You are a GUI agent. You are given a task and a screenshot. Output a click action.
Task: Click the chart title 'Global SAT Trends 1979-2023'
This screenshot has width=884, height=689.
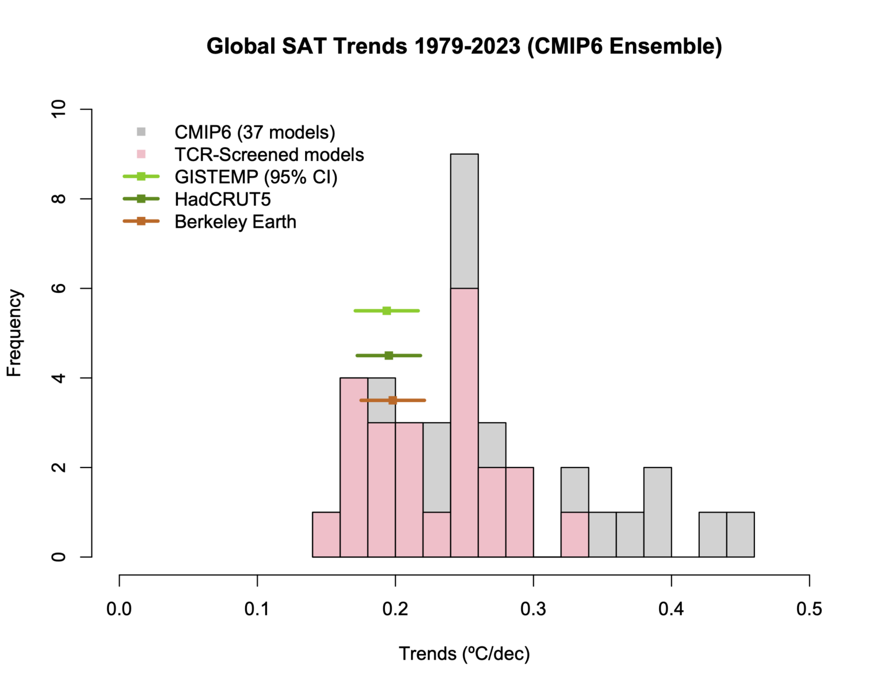tap(464, 46)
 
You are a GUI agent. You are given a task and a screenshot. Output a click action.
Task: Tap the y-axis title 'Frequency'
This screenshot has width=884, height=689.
tap(14, 333)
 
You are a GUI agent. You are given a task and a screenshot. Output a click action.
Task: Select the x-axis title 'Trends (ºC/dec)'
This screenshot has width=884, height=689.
tap(464, 654)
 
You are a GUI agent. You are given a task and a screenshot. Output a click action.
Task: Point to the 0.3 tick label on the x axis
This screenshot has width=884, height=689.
tap(533, 608)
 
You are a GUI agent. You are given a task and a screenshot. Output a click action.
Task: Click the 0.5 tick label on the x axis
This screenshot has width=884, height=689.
tap(809, 608)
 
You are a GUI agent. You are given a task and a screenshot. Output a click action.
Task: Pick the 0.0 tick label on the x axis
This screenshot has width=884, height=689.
tap(119, 608)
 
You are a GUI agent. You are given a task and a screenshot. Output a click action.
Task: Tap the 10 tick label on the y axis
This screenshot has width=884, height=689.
tap(59, 109)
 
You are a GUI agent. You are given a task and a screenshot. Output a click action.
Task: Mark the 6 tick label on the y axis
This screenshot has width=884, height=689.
tap(59, 288)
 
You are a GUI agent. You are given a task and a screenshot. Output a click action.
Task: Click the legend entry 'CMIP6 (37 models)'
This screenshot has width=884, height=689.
tap(254, 132)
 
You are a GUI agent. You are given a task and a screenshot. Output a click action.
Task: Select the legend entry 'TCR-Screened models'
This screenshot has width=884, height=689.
tap(269, 155)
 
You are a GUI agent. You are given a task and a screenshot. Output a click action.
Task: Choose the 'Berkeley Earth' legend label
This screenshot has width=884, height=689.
tap(235, 221)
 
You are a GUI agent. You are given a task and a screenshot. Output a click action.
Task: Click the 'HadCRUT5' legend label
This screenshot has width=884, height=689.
tap(222, 199)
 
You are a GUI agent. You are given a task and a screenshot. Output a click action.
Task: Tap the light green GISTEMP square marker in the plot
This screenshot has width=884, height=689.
tap(387, 311)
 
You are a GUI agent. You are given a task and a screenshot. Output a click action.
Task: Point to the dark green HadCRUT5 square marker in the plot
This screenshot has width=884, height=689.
tap(388, 355)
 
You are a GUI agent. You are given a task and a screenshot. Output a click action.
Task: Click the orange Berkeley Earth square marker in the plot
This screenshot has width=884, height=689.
tap(393, 400)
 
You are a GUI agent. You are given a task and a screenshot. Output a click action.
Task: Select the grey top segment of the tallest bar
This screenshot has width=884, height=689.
tap(464, 221)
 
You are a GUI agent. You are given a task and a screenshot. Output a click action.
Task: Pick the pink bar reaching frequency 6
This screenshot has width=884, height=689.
tap(464, 422)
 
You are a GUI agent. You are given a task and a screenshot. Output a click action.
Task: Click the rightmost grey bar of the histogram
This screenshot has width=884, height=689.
tap(740, 534)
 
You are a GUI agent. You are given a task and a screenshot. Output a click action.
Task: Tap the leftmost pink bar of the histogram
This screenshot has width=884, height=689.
tap(326, 534)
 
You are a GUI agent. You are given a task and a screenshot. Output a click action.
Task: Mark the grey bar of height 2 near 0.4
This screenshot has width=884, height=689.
tap(657, 512)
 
